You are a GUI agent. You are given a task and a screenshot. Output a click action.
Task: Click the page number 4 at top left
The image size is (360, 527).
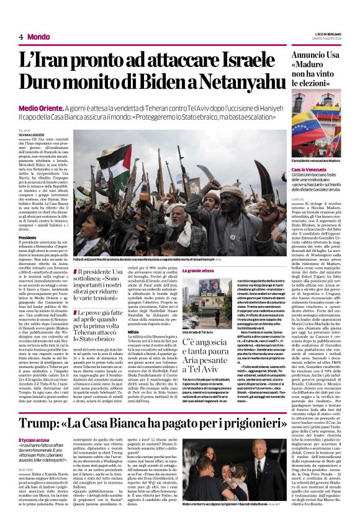point(21,37)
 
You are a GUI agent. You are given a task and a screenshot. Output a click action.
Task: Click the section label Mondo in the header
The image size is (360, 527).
point(38,37)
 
